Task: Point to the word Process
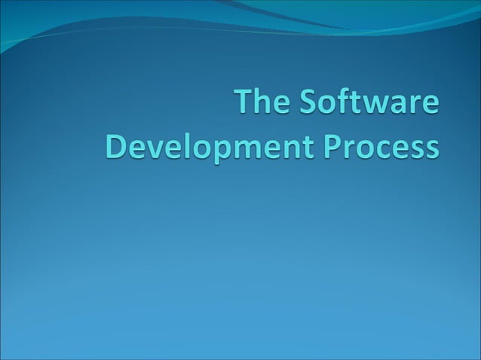coord(381,145)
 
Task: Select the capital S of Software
coord(305,104)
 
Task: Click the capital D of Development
coord(115,145)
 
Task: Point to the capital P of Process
coord(332,145)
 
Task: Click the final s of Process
coord(430,148)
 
